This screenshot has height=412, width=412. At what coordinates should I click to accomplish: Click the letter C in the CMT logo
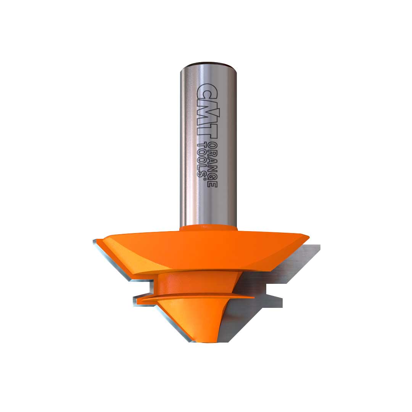point(206,92)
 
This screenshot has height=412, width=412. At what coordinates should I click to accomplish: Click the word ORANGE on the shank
point(212,165)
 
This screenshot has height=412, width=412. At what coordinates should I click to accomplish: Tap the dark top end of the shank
point(209,64)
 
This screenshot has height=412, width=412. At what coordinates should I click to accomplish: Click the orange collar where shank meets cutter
point(209,227)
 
